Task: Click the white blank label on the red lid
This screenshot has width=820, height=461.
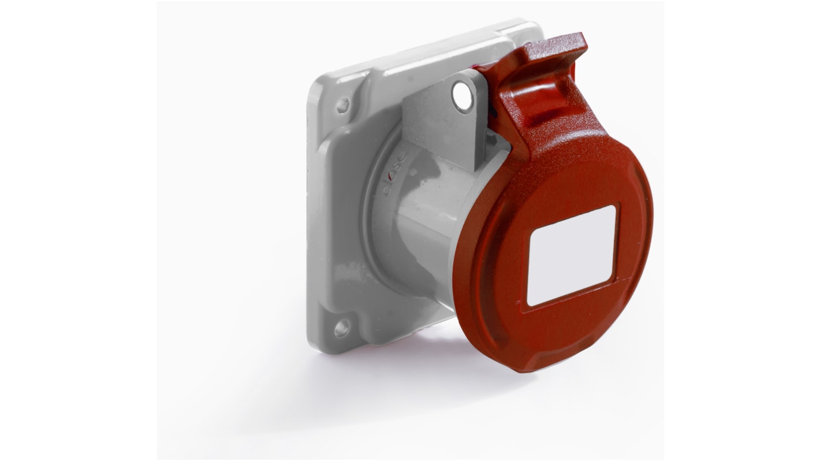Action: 572,254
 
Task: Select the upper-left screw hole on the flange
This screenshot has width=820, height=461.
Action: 343,105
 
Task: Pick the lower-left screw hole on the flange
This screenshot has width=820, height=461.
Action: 341,329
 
